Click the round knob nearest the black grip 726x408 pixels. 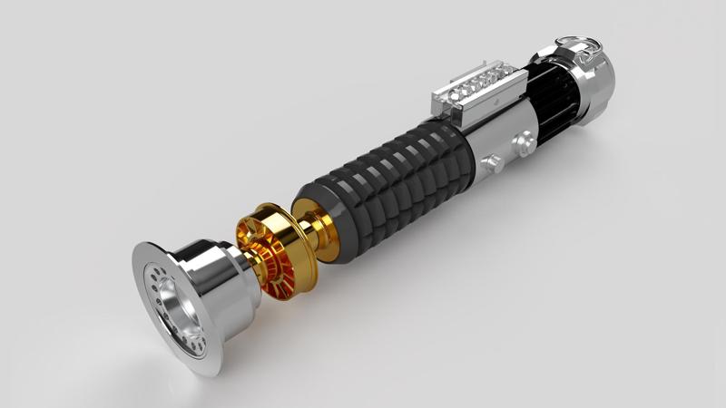(x=493, y=162)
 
